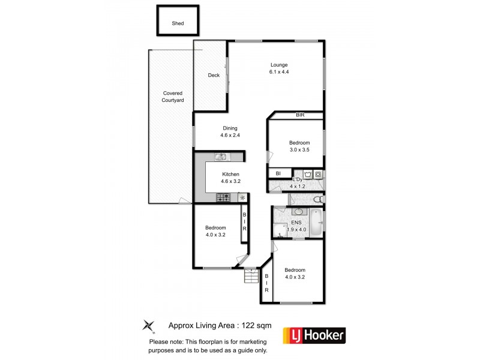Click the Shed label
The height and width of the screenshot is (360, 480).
[178, 23]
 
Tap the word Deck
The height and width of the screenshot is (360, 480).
[214, 75]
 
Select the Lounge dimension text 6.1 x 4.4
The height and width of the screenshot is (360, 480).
[279, 72]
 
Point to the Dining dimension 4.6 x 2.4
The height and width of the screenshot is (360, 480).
[230, 135]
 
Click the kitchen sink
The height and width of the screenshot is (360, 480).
[220, 157]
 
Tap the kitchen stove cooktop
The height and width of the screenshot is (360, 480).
[223, 197]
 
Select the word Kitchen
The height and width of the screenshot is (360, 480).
[230, 173]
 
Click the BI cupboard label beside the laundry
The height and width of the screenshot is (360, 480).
[278, 174]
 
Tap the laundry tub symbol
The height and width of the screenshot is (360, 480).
[308, 175]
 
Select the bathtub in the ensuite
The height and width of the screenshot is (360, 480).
[318, 226]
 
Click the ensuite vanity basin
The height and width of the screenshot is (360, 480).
[298, 212]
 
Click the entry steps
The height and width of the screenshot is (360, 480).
[250, 277]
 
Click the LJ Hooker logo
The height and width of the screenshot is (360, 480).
[317, 335]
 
